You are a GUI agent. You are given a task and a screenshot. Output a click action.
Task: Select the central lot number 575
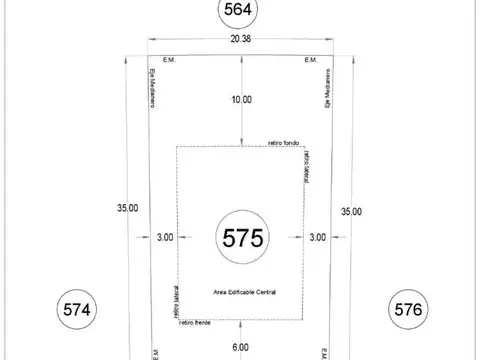tap(241, 238)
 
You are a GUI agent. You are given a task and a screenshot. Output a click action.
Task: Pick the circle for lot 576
tap(409, 309)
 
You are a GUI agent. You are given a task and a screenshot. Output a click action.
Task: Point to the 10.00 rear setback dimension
tap(241, 99)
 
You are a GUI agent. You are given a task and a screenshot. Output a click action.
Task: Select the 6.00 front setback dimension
tap(241, 346)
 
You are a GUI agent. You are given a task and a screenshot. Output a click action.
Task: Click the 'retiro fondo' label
tap(284, 144)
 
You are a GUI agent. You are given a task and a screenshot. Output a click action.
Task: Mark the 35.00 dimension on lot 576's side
tap(351, 211)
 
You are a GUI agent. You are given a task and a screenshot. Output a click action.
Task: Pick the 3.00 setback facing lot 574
tap(165, 237)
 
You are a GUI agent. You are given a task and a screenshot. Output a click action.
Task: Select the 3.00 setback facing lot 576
tap(317, 237)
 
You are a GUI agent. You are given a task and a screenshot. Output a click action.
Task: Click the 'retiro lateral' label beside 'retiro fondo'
tap(305, 166)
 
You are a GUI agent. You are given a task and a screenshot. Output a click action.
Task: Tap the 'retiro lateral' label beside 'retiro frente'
tap(175, 301)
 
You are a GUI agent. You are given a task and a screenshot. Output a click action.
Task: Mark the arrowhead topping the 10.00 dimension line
tap(240, 56)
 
